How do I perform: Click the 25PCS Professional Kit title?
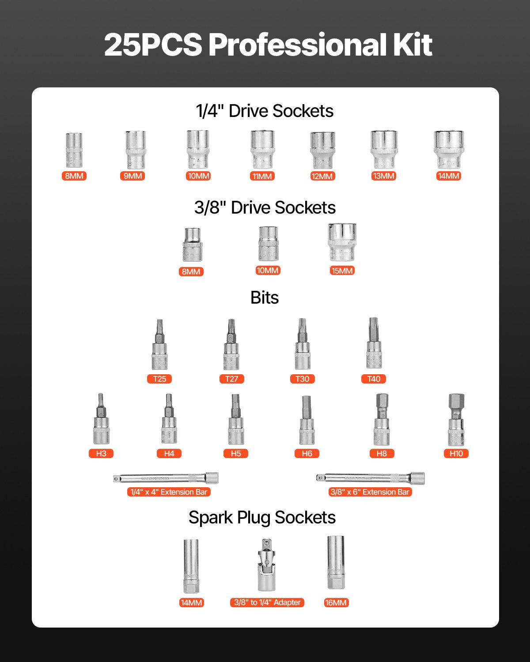268,45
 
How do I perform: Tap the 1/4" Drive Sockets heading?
265,111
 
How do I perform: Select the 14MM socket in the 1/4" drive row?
448,150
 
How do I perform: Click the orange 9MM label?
132,176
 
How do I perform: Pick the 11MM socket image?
262,150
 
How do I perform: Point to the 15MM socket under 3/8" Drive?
342,243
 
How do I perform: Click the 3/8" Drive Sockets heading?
265,207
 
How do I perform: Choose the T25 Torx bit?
159,345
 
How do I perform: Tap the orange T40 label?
374,379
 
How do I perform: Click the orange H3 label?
101,453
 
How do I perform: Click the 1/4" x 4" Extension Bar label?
169,492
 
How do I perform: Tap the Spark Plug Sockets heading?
262,517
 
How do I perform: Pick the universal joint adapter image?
266,565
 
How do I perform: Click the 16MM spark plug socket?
335,563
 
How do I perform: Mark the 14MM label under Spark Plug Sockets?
191,603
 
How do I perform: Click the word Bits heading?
265,298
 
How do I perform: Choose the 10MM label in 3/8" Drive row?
268,271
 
